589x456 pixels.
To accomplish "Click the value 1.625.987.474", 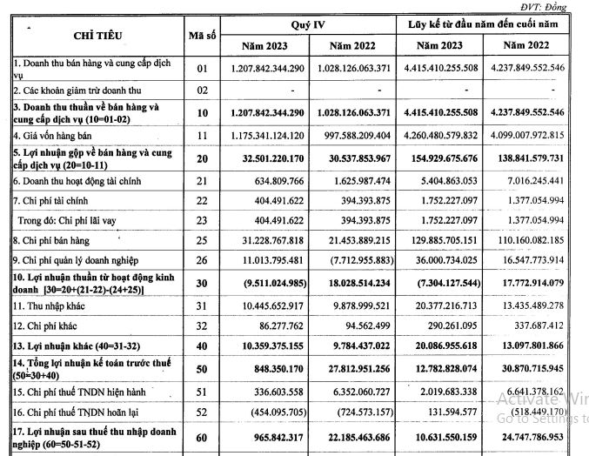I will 358,180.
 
